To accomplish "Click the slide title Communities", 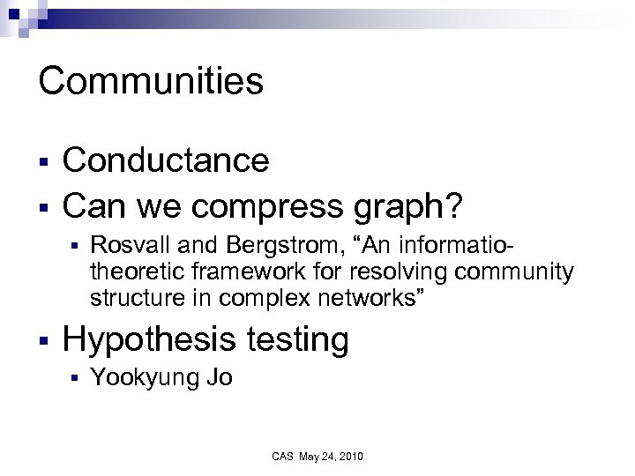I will pos(151,81).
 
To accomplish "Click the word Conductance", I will pos(167,160).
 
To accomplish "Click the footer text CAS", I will pos(282,457).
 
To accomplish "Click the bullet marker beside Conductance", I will pos(42,161).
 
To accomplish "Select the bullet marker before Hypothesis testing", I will pos(42,339).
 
